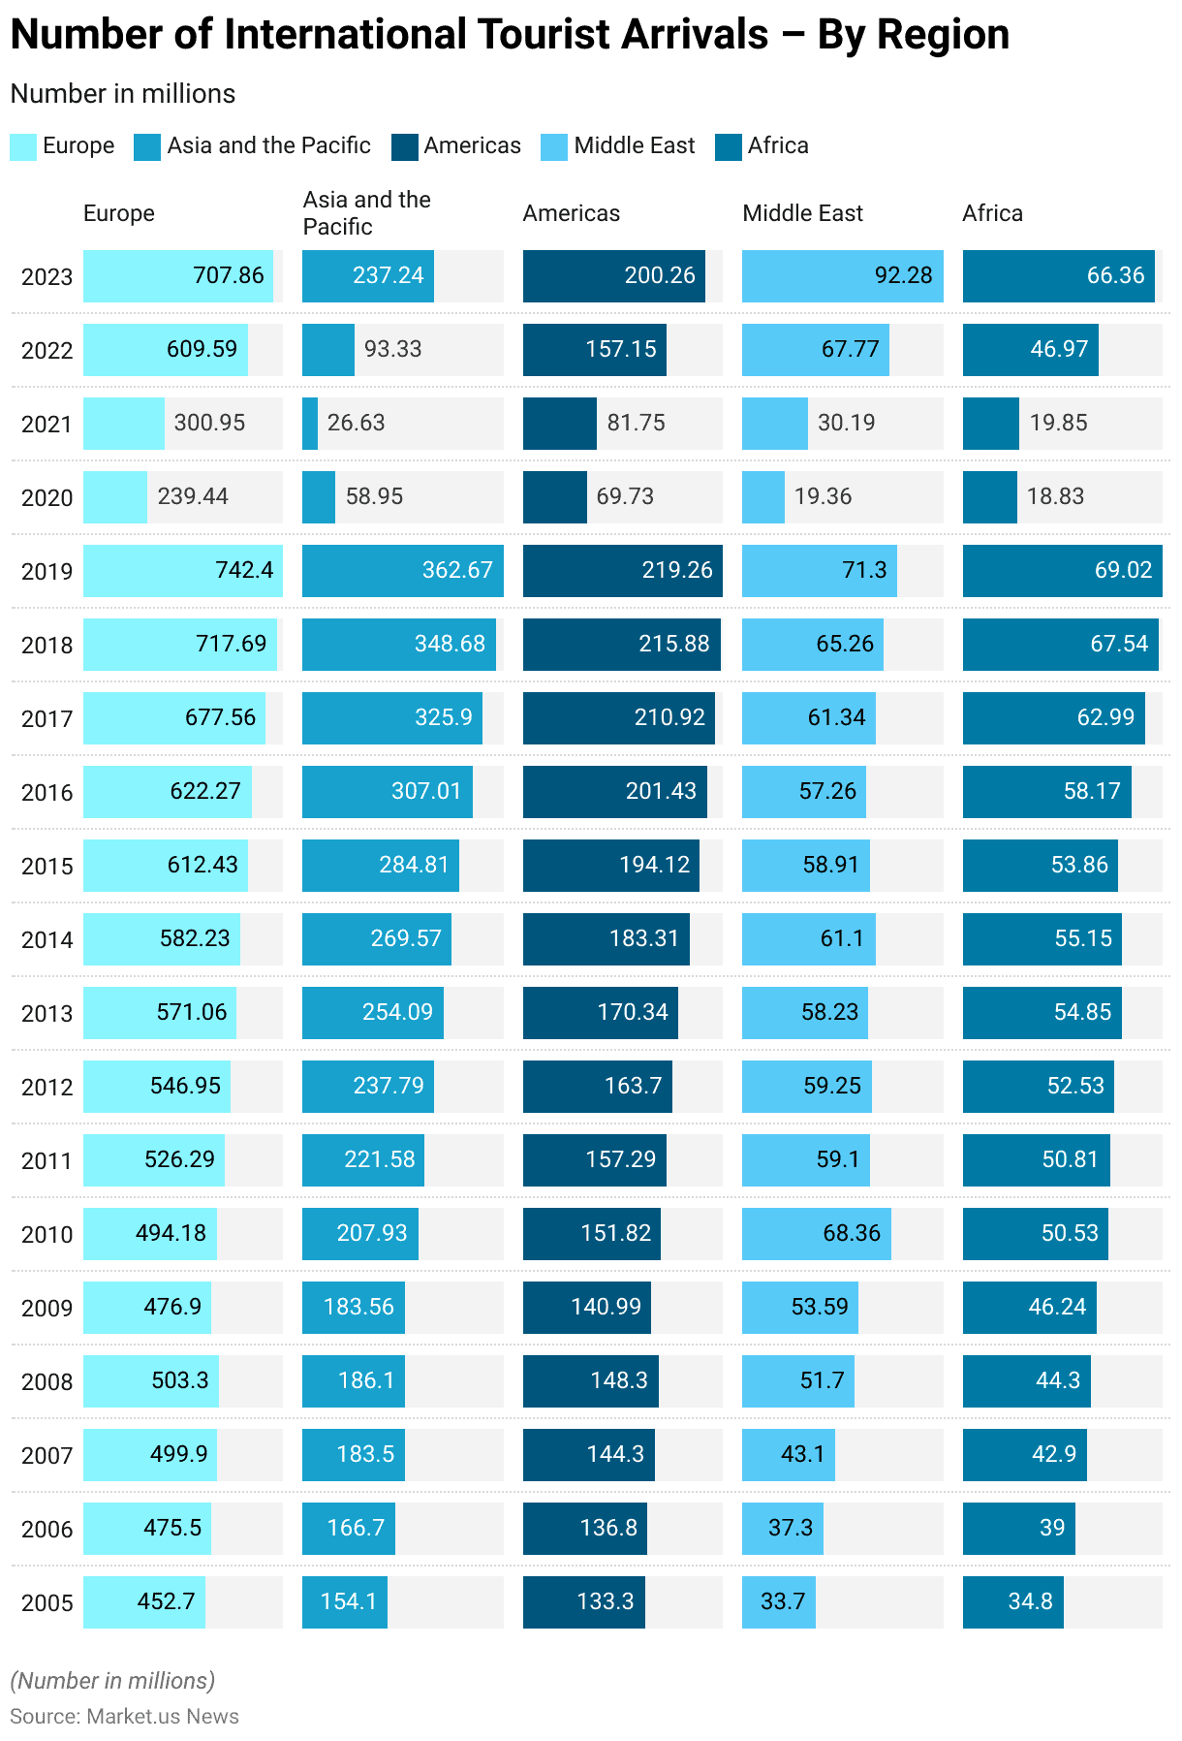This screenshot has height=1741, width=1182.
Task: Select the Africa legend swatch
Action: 729,146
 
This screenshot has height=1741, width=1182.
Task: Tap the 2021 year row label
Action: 47,424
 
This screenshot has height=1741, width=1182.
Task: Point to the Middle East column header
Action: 802,213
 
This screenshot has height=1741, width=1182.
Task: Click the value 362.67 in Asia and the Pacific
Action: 457,570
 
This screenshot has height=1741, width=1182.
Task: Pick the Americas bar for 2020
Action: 554,496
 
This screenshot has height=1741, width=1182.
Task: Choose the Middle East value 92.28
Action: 903,275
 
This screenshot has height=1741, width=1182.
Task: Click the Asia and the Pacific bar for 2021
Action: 310,423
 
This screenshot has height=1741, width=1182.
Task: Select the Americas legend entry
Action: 456,146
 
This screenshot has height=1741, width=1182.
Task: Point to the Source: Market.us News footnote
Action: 124,1716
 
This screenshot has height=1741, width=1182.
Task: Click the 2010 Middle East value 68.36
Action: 852,1233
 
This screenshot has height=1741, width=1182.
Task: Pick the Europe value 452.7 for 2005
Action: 167,1601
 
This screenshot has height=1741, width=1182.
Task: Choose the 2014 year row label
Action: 47,939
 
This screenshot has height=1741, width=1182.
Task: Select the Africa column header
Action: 992,213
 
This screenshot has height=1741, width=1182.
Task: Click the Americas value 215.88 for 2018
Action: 673,644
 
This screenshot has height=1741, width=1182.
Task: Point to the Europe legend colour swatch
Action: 23,146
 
